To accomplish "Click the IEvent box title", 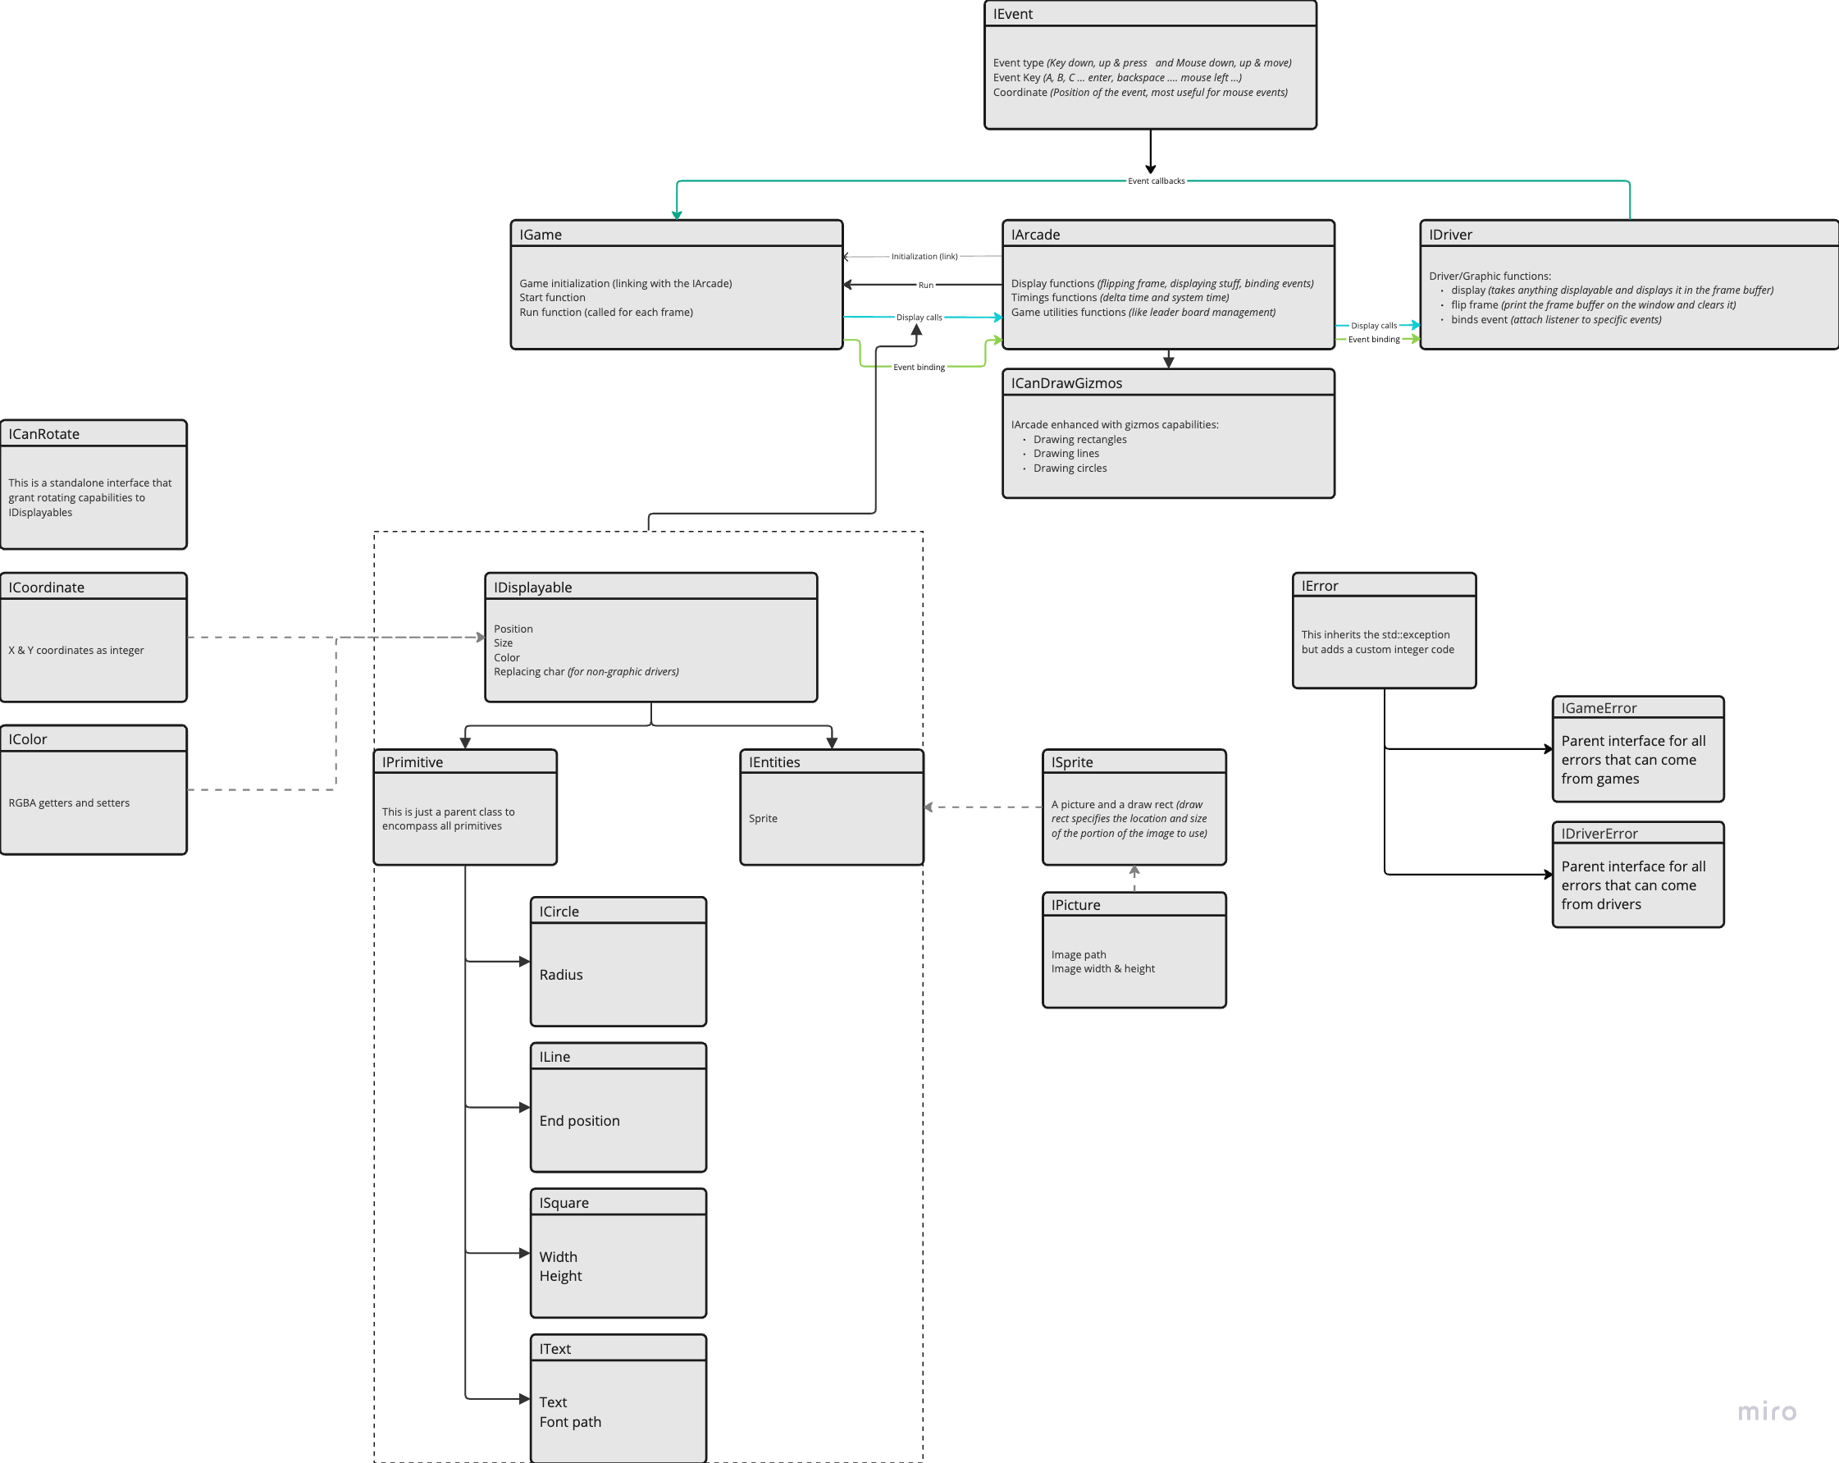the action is click(1012, 15).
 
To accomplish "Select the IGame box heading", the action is click(540, 235).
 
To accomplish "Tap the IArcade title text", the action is click(1034, 235).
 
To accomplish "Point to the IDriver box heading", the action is click(1450, 235).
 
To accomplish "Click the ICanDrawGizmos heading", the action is click(1066, 383).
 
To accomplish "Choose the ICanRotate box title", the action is click(43, 434).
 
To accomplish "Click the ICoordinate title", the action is click(46, 587).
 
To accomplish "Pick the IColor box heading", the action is click(27, 739).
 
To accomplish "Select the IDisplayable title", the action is click(532, 587).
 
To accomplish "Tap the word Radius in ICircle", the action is click(560, 975).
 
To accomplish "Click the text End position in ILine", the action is click(579, 1121).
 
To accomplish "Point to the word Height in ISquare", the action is click(560, 1276).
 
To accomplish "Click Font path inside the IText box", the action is click(570, 1422).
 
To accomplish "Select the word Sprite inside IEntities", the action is click(763, 819).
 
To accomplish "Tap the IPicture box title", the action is click(1075, 905).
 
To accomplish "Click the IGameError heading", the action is click(1599, 708).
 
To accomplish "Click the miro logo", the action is click(1767, 1412).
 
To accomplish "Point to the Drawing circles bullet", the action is click(1070, 469).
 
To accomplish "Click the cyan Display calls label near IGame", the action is click(919, 318).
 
